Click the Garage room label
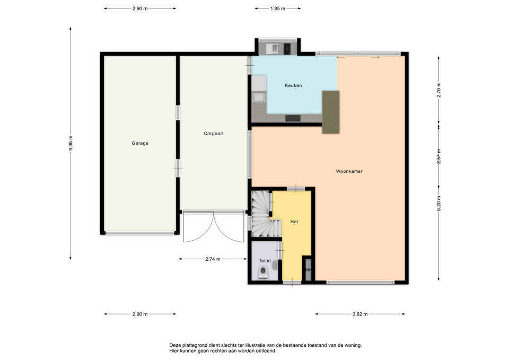140,143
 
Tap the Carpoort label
214,134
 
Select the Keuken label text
293,86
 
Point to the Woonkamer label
349,171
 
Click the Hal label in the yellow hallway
294,222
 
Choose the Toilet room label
265,261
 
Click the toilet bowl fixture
263,273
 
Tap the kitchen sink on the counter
259,98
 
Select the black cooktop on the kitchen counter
293,118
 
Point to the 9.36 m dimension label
71,143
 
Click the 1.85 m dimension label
277,9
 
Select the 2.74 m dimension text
213,259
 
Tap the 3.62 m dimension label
360,314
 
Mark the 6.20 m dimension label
439,204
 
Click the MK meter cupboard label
308,270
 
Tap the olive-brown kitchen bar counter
331,112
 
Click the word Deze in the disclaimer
174,345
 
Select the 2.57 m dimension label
439,156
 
